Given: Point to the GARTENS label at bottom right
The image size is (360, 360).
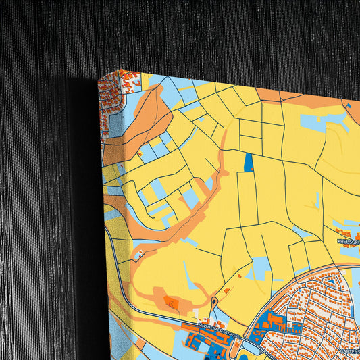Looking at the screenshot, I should pos(349,351).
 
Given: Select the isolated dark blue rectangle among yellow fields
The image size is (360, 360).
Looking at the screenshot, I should pos(249,162).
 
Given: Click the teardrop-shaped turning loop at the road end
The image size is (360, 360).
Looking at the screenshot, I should pos(214,301).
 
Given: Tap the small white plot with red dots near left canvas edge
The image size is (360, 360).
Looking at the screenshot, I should pos(139,255).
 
